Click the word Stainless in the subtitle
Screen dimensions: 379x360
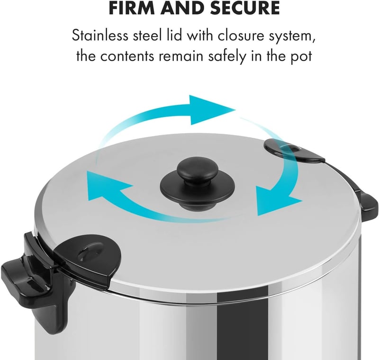point(100,36)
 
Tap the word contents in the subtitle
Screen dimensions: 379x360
point(127,56)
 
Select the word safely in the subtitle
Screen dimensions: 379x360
point(228,56)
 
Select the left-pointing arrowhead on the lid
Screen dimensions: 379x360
point(106,186)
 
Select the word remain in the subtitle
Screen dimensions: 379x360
point(181,56)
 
